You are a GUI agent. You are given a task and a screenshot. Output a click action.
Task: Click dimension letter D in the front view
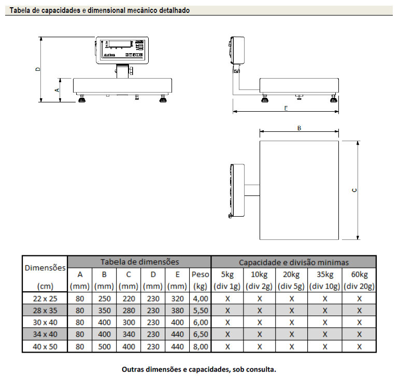(x=37, y=69)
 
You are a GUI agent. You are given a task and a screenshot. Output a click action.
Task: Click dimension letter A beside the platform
(x=57, y=89)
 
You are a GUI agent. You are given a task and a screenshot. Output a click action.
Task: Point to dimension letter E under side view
(x=286, y=109)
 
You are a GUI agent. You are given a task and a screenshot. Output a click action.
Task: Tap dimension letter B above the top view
(x=299, y=128)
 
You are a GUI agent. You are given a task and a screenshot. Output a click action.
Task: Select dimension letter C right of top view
(x=354, y=190)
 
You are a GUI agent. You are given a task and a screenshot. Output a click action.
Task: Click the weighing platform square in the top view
(x=299, y=190)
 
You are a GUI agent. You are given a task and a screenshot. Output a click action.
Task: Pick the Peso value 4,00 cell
(x=201, y=298)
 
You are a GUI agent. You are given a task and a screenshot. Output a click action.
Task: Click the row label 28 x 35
(x=45, y=311)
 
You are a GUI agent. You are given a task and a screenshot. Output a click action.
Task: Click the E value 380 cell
(x=177, y=311)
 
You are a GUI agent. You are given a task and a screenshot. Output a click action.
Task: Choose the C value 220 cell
(x=128, y=298)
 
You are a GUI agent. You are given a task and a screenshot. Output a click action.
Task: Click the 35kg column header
(x=325, y=274)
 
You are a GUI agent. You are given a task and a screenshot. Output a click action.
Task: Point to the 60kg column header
(x=359, y=274)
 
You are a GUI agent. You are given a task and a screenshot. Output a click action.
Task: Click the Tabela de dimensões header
(x=139, y=262)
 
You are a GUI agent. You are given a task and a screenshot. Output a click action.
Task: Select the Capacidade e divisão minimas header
(x=293, y=262)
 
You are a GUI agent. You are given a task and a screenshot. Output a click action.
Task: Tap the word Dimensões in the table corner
(x=46, y=268)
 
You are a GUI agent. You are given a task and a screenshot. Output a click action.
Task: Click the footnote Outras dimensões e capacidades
(x=198, y=370)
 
